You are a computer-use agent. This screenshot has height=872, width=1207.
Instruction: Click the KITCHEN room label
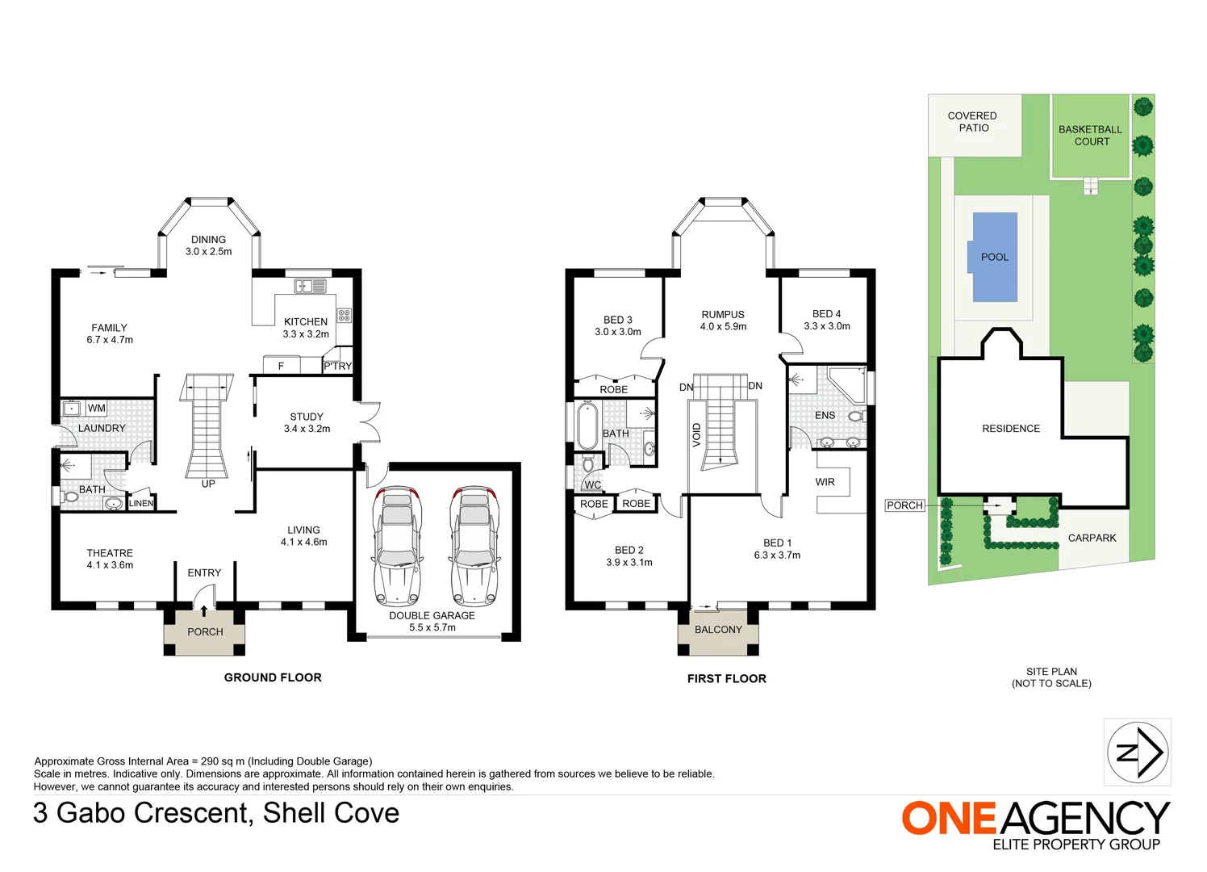click(x=306, y=321)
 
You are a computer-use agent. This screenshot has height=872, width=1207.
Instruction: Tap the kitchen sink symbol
click(x=310, y=286)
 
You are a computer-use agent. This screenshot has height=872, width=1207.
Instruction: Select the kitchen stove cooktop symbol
click(x=344, y=315)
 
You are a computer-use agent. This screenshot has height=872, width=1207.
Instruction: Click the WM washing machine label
click(x=97, y=408)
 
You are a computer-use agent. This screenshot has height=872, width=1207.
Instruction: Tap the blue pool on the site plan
click(x=995, y=257)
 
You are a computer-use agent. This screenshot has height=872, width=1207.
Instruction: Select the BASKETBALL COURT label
click(x=1091, y=135)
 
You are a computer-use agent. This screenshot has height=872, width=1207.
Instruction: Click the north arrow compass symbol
click(x=1137, y=753)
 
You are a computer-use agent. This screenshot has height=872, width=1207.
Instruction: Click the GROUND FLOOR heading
click(x=273, y=677)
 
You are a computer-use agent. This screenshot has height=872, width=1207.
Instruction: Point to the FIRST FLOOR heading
click(x=726, y=678)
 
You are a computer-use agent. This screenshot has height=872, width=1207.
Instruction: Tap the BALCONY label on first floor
click(x=718, y=630)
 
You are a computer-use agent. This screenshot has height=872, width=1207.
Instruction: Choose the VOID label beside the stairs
click(x=697, y=434)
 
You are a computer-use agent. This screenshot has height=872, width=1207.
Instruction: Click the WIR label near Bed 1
click(x=825, y=482)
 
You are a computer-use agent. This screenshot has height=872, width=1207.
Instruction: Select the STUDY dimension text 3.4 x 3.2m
click(x=307, y=429)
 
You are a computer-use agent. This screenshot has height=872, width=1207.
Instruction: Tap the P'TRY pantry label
click(x=337, y=366)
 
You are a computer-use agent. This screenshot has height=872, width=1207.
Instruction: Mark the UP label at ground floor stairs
click(x=208, y=484)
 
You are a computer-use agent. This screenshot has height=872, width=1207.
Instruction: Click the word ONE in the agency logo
click(x=950, y=818)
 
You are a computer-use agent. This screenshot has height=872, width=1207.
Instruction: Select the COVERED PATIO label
click(x=972, y=122)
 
